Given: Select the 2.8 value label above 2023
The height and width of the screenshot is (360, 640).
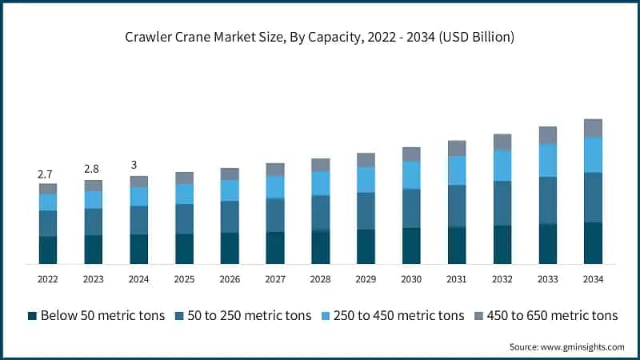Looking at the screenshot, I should [93, 170].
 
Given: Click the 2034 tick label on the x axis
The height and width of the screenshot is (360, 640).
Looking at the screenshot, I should [593, 279].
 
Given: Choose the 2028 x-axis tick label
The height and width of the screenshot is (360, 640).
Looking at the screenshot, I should [320, 279].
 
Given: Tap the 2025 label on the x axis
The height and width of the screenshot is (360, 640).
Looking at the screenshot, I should [184, 279].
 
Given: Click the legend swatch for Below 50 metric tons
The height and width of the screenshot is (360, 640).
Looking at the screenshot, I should [32, 316].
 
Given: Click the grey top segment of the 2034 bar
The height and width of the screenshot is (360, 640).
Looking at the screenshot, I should [593, 128].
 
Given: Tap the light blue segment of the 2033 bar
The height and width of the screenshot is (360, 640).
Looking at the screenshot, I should [547, 160].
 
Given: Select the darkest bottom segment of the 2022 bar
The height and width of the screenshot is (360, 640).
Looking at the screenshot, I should [47, 250].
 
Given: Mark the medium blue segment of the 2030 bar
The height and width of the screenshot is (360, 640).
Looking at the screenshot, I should [411, 208].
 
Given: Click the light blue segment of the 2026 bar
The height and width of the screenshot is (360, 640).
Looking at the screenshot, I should [230, 190].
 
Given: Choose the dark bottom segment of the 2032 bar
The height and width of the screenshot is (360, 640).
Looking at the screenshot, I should [502, 245].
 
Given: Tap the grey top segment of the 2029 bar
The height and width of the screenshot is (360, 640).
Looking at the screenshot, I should [366, 159].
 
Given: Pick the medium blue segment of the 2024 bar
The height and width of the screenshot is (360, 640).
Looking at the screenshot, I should [138, 220].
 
